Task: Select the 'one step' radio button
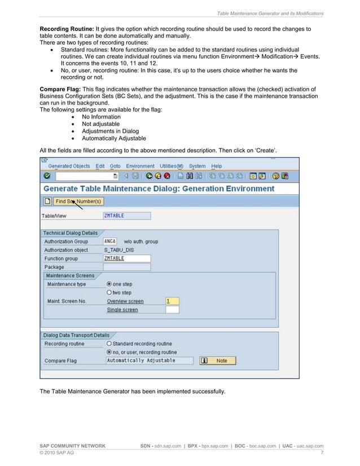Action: click(x=109, y=284)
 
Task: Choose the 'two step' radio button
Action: click(x=109, y=293)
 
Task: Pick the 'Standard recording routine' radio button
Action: click(x=109, y=344)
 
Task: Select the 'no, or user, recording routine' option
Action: click(x=109, y=352)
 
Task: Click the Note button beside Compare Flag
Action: click(x=218, y=361)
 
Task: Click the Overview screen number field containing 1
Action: click(x=172, y=301)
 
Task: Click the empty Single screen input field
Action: click(x=172, y=310)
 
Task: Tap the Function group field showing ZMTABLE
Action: click(x=126, y=258)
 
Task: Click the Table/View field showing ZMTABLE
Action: click(x=126, y=216)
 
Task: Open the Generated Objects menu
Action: click(x=69, y=166)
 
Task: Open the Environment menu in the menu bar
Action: click(x=140, y=166)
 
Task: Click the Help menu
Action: click(x=217, y=166)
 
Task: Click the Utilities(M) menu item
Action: click(x=172, y=166)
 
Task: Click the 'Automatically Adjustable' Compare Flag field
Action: click(x=149, y=361)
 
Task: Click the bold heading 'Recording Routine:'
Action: click(x=67, y=28)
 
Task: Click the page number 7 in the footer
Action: click(x=322, y=453)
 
